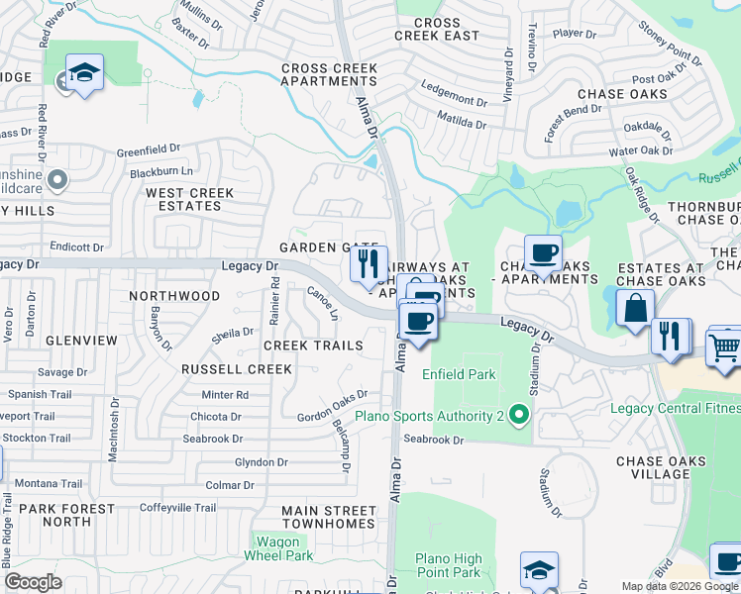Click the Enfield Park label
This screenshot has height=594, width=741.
458,375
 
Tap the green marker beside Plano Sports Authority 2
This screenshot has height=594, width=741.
518,418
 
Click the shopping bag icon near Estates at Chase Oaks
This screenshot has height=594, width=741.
634,307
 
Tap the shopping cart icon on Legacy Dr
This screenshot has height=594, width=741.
725,347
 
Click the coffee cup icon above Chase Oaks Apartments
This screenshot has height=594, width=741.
542,253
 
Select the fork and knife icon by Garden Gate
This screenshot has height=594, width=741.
368,263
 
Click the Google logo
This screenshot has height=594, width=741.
34,582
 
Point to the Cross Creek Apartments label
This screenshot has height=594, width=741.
329,75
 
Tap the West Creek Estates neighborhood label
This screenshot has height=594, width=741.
189,199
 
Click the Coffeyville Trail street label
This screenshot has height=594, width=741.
177,508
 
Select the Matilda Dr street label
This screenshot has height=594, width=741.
462,125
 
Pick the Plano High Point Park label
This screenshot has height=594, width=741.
448,565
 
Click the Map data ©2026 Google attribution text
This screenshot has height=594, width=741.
679,586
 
